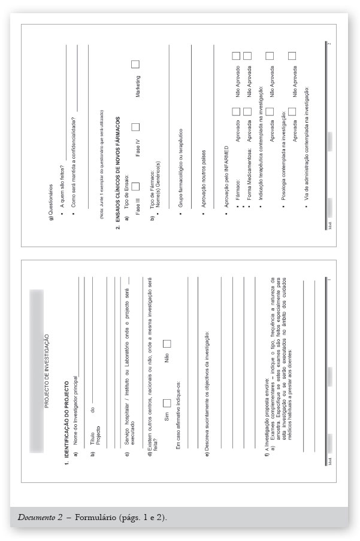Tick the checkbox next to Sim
167,405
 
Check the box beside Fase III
135,190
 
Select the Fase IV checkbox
135,127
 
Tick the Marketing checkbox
135,65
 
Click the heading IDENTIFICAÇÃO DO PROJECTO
66,412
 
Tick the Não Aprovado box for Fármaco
236,56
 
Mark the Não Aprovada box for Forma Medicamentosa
247,56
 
